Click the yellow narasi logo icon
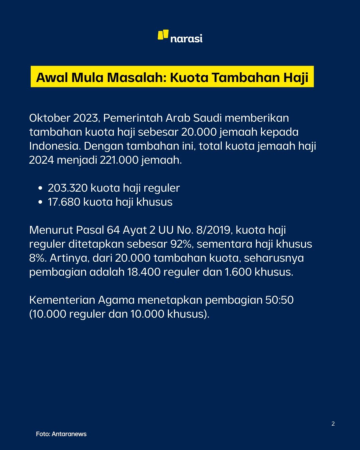pyautogui.click(x=163, y=35)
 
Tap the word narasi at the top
pyautogui.click(x=186, y=39)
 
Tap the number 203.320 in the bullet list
pyautogui.click(x=68, y=188)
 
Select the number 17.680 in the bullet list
pyautogui.click(x=64, y=202)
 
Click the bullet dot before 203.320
pyautogui.click(x=40, y=188)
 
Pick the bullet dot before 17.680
pyautogui.click(x=40, y=202)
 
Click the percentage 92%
pyautogui.click(x=182, y=244)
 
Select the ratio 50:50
pyautogui.click(x=279, y=300)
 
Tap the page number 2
pyautogui.click(x=333, y=424)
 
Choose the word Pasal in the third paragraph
pyautogui.click(x=90, y=230)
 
